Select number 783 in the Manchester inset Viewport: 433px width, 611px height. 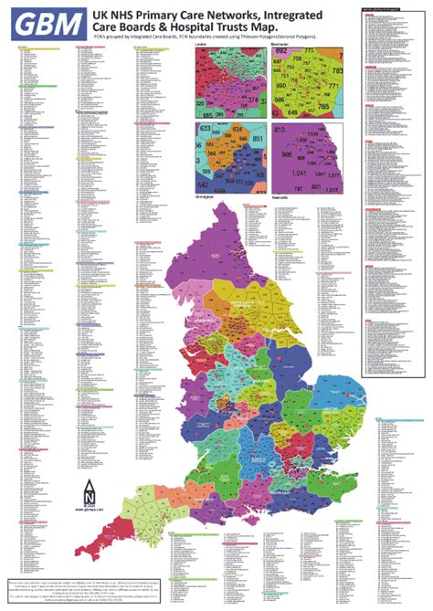pos(337,70)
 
